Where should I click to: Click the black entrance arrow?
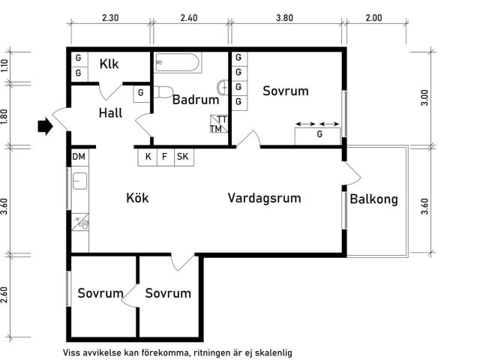tap(45, 126)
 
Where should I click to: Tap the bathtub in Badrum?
tap(178, 63)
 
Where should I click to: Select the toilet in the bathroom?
tap(163, 92)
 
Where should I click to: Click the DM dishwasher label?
tap(79, 157)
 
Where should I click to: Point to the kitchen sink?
tap(80, 181)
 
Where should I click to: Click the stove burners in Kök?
tap(80, 222)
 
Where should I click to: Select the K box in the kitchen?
tap(148, 157)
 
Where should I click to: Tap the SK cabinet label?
tap(183, 157)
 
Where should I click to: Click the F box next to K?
tap(166, 157)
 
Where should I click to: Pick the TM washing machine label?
tap(216, 129)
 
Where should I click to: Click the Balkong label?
tap(373, 199)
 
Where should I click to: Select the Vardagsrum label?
tap(265, 198)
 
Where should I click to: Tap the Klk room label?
tap(109, 64)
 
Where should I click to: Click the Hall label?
tap(110, 113)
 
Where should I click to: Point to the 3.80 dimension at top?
tap(285, 18)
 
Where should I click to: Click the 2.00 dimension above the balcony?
tap(373, 18)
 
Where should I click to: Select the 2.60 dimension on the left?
tap(4, 295)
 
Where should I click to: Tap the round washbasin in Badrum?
tap(223, 88)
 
